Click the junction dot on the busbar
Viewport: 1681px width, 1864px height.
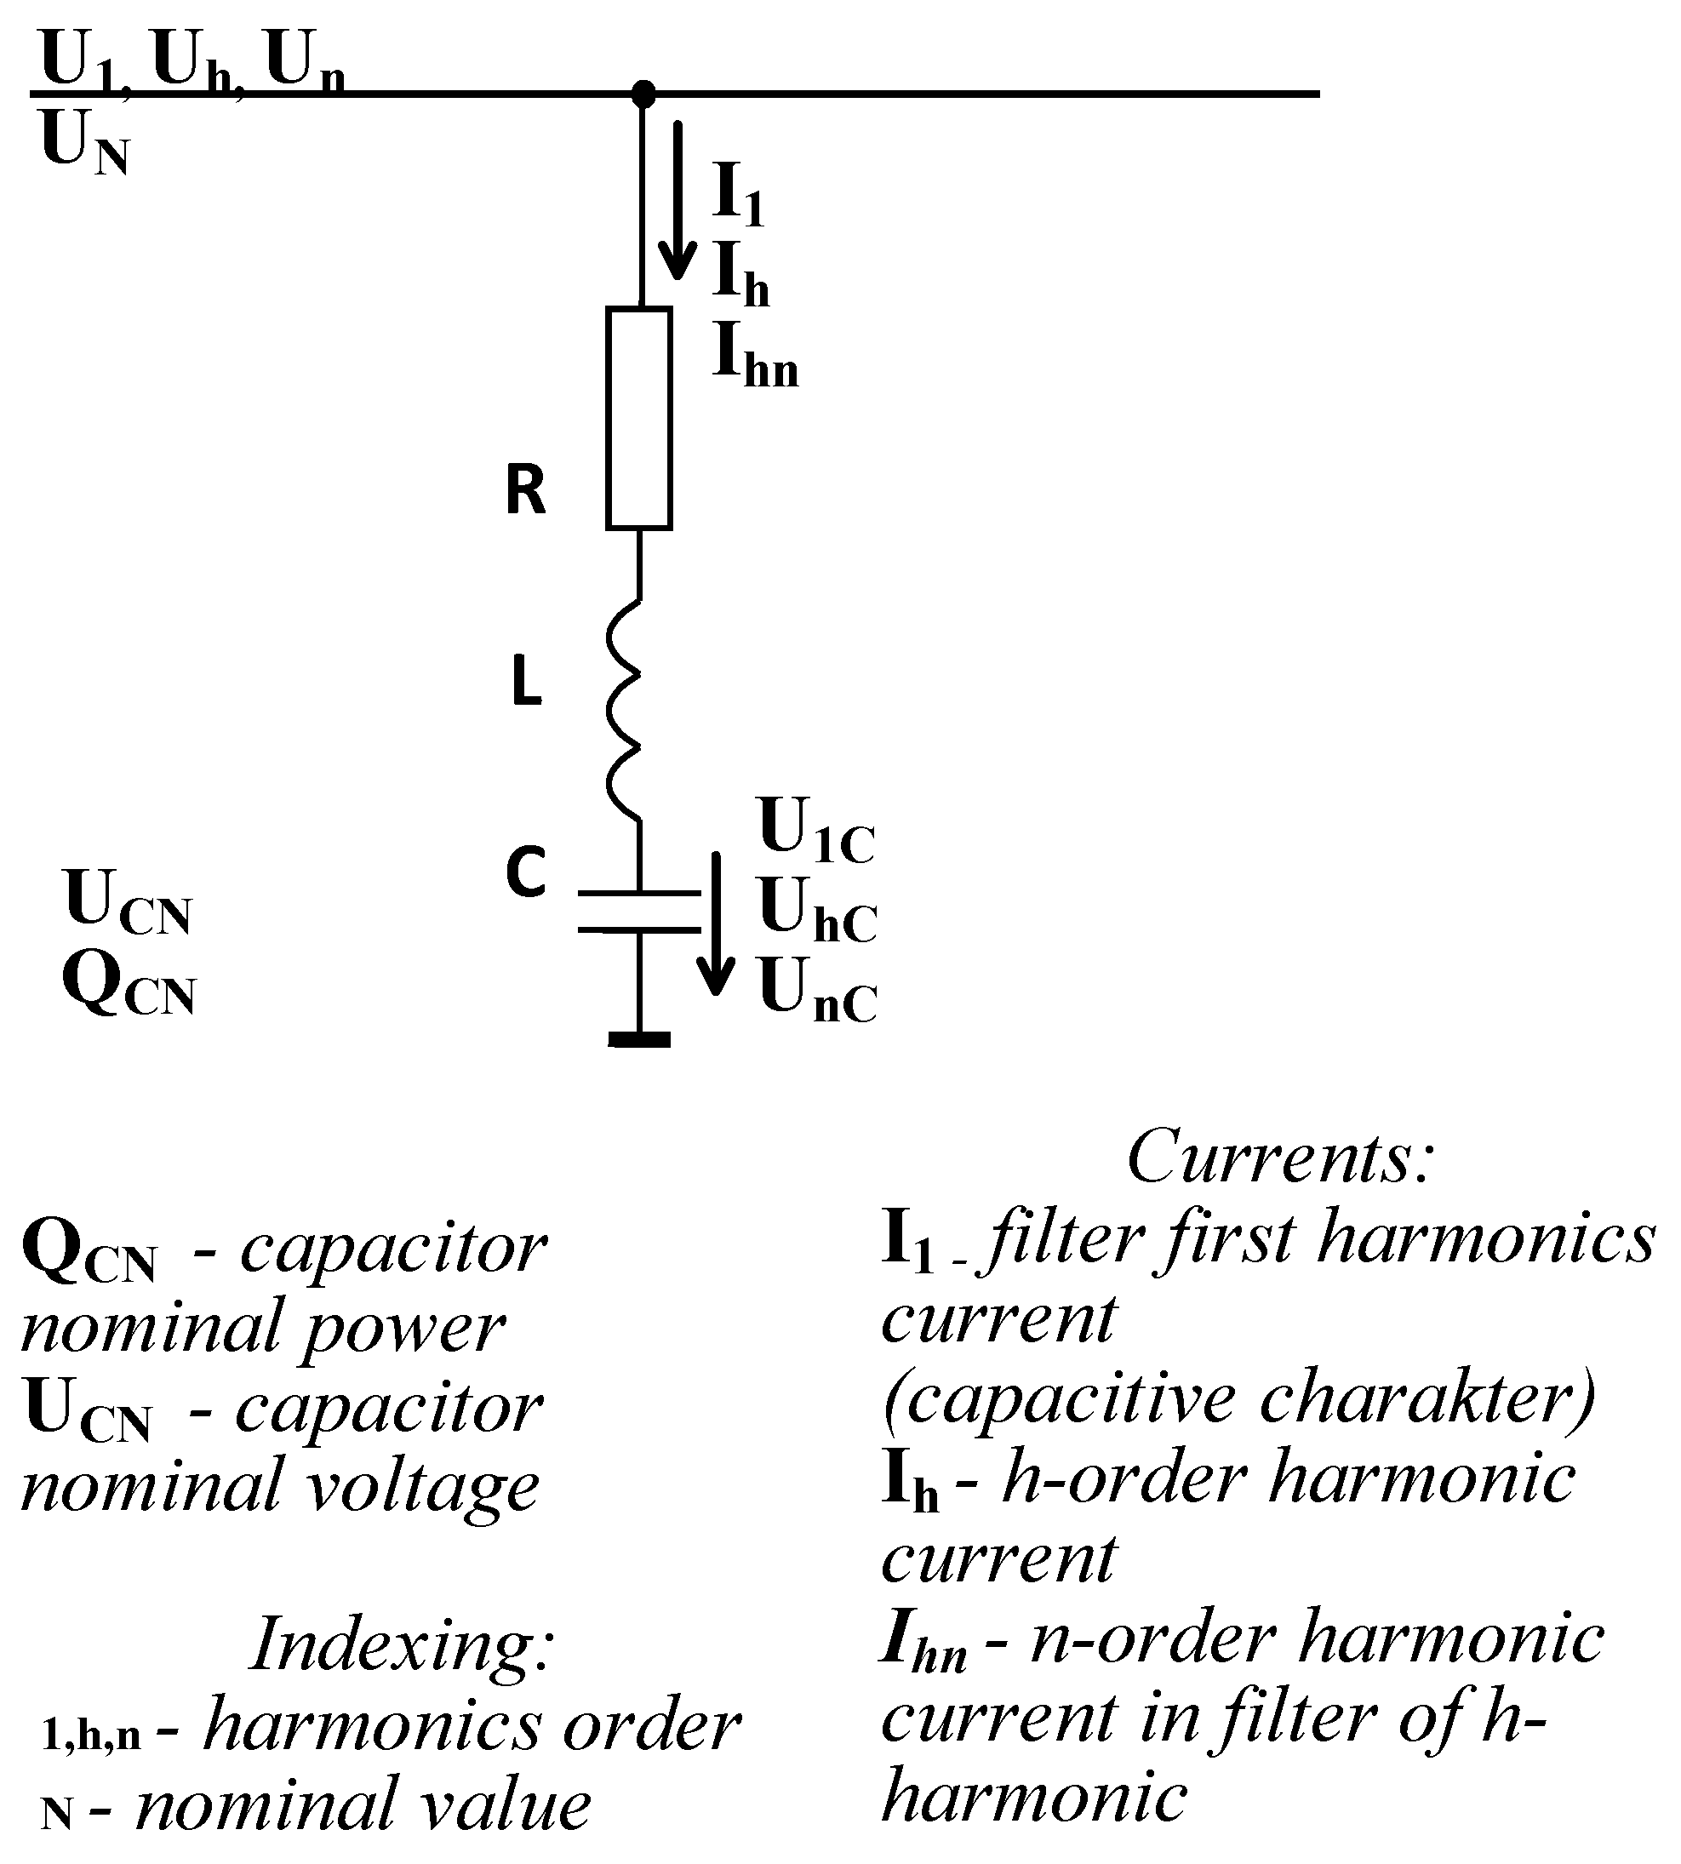pyautogui.click(x=643, y=94)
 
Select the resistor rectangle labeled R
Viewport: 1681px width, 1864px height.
pyautogui.click(x=638, y=419)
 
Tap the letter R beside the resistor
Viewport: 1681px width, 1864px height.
pyautogui.click(x=525, y=490)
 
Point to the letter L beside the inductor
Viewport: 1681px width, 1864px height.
pyautogui.click(x=525, y=684)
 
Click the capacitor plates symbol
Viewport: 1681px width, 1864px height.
pyautogui.click(x=638, y=911)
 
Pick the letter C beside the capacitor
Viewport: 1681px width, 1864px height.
pyautogui.click(x=525, y=871)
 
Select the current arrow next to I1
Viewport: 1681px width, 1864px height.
pyautogui.click(x=678, y=198)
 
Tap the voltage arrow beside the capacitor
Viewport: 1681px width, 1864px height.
pyautogui.click(x=716, y=923)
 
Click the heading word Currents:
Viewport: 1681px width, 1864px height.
pyautogui.click(x=1280, y=1158)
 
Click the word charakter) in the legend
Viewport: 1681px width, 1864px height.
pyautogui.click(x=1427, y=1398)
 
